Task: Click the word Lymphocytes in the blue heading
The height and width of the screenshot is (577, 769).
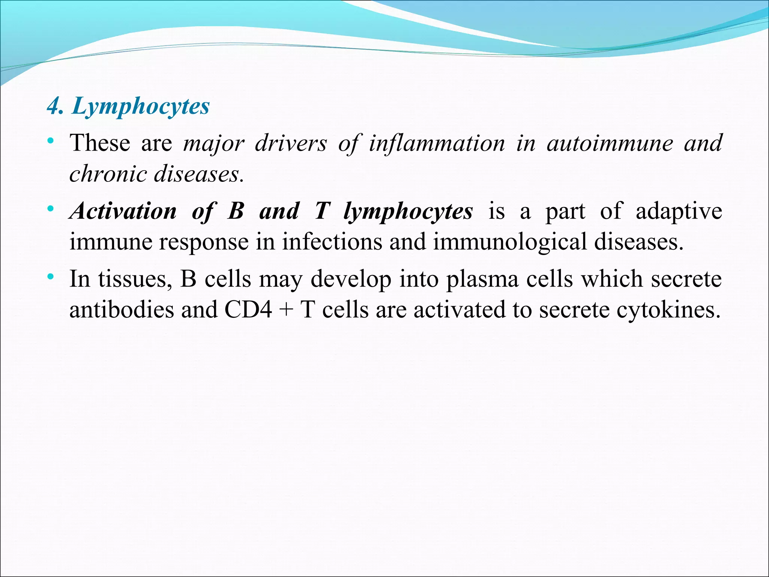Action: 141,106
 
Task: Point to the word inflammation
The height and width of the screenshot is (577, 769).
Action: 437,143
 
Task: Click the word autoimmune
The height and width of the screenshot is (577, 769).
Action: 610,143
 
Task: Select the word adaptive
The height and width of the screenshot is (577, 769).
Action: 679,211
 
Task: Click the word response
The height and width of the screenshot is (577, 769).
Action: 204,242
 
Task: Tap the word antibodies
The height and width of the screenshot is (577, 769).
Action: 122,310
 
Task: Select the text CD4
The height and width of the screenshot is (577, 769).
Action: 248,310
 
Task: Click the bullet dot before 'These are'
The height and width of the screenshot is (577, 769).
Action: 51,142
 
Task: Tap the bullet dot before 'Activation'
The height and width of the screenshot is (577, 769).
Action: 51,209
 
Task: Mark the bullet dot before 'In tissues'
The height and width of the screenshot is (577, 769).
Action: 51,277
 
